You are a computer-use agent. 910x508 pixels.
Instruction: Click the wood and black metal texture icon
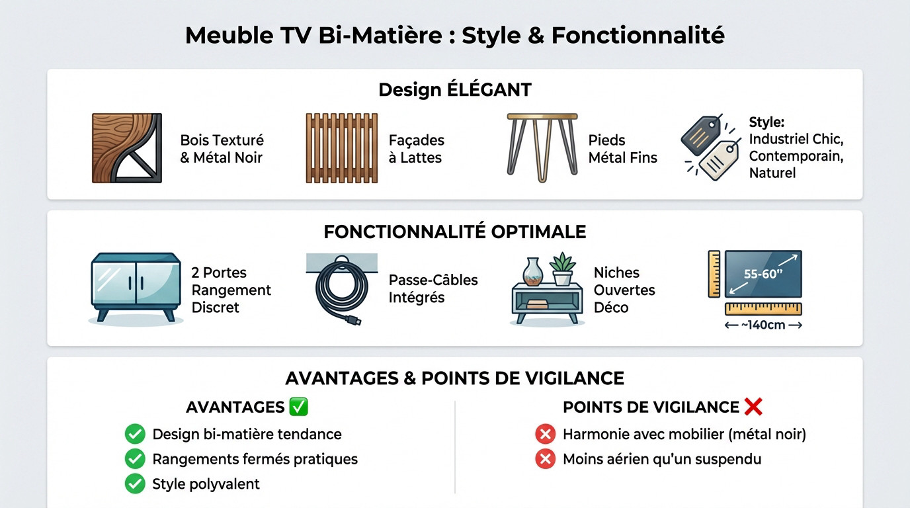[126, 148]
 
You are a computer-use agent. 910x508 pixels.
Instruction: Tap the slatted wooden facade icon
[341, 148]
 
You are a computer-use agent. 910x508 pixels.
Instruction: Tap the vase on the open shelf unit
[532, 272]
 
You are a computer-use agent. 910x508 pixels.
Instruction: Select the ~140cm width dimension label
[763, 325]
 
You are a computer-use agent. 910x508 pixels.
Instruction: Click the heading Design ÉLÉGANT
[454, 90]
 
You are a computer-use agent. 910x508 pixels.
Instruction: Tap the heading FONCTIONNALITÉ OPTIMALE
[454, 232]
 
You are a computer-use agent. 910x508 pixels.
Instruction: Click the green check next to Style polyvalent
[135, 484]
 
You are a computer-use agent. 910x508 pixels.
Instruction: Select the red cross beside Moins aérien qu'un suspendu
[545, 458]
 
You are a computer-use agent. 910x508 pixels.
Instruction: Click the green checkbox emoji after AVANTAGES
[299, 407]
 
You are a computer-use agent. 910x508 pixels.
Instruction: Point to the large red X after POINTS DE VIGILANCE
[753, 407]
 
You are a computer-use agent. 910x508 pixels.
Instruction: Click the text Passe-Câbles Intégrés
[433, 288]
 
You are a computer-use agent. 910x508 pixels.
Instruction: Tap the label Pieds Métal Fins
[622, 149]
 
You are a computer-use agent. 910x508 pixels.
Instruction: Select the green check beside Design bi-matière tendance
[135, 434]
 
